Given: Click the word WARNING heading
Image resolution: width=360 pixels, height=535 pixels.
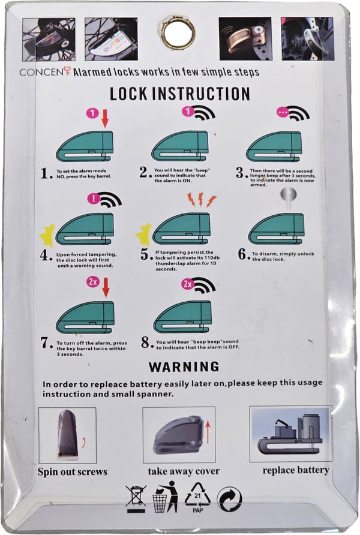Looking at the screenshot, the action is pos(184,367).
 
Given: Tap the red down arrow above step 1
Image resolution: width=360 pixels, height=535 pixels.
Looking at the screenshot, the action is pos(105,118).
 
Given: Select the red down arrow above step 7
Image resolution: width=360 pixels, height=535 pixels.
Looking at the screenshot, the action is pos(106,287).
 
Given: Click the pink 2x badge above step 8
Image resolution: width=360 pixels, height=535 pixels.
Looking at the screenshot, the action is pos(188,284).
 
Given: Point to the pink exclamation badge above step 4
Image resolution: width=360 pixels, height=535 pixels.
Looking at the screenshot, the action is pos(93,199).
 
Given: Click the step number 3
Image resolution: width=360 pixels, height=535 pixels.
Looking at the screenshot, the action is pos(240,173).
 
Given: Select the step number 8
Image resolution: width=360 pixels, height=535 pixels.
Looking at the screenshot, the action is pos(146,342).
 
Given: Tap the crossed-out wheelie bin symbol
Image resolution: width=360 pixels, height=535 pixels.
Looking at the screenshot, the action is pos(136,499).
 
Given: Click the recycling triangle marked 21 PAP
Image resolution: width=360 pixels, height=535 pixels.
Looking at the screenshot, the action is pos(197,497).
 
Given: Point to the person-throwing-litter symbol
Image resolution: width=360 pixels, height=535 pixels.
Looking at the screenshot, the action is pos(166,497).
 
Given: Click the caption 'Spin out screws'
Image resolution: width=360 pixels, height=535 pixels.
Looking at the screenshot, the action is pos(73,472).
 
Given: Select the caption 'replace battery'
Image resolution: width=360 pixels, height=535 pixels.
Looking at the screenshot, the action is pos(296,470).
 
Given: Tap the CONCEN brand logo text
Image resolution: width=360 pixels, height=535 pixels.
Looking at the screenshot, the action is pos(46,71).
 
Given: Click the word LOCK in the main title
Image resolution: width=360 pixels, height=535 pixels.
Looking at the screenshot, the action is pos(128,94).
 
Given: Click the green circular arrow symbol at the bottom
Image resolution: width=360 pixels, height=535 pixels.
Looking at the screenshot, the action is pos(229,499).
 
